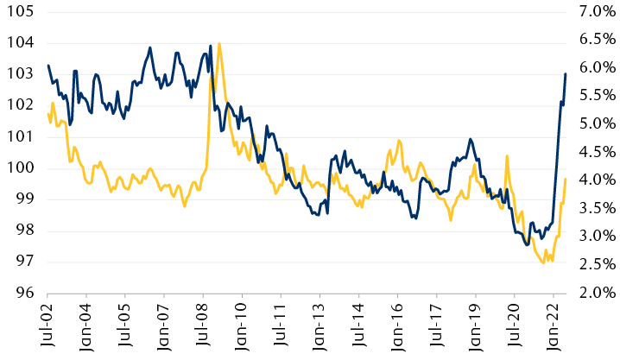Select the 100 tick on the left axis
coord(18,167)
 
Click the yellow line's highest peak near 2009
coord(219,43)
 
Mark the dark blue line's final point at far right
coord(565,73)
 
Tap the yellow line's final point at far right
coord(565,179)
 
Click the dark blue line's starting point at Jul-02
coord(48,66)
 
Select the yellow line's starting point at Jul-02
coord(48,113)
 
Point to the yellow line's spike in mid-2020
coord(507,156)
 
